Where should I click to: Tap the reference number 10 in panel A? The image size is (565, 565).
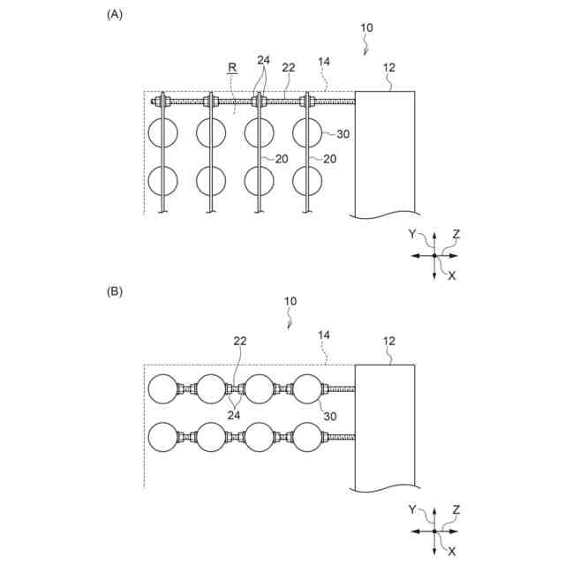[366, 28]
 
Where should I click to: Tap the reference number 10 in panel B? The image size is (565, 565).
[290, 301]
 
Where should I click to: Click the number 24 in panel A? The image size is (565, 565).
[263, 61]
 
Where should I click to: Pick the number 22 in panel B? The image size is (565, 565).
[239, 341]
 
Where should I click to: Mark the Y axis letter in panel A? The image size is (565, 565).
[412, 234]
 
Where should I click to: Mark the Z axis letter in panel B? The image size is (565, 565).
[456, 509]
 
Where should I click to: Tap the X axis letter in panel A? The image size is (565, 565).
[452, 276]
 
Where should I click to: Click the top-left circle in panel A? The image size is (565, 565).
[163, 133]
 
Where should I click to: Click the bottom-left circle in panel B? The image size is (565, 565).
[163, 437]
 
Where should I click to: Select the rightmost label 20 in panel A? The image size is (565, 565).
[329, 159]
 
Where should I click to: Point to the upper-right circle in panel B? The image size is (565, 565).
[306, 388]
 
